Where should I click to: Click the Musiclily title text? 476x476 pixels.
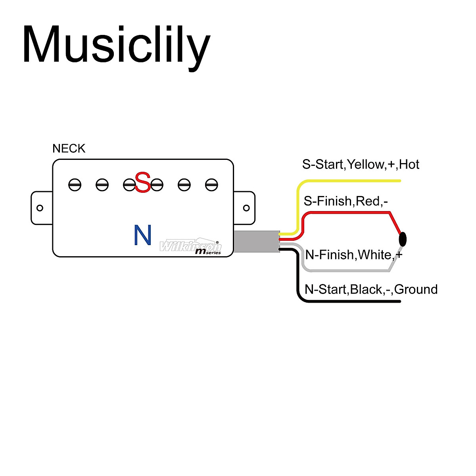[116, 44]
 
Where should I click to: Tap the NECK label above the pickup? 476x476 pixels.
[69, 148]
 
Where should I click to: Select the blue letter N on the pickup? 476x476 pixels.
[142, 235]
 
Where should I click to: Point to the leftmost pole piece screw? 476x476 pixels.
[75, 184]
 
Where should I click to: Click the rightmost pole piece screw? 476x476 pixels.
[211, 184]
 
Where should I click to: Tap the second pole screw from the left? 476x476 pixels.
[102, 184]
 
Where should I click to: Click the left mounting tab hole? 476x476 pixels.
[40, 208]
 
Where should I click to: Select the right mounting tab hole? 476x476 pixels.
[246, 208]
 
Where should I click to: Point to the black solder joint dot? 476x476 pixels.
[403, 239]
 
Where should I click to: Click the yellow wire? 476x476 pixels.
[349, 181]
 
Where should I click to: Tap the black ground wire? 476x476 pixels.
[349, 301]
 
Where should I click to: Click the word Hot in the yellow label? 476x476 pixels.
[409, 164]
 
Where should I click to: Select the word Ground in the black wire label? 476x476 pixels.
[416, 289]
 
